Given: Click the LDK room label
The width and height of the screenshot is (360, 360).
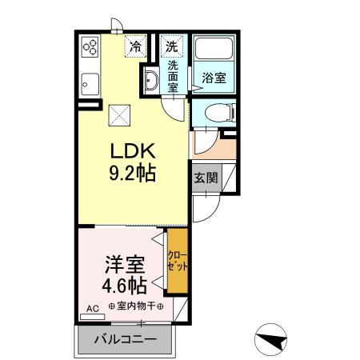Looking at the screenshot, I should pyautogui.click(x=132, y=151).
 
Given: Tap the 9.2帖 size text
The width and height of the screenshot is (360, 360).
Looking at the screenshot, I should pyautogui.click(x=132, y=171).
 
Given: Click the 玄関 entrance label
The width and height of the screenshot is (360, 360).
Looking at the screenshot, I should pyautogui.click(x=205, y=177).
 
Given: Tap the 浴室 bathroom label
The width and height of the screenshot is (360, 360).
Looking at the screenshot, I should pyautogui.click(x=213, y=78).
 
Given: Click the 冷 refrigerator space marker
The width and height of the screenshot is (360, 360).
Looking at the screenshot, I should pyautogui.click(x=137, y=46).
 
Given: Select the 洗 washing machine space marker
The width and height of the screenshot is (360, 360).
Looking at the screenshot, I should pyautogui.click(x=171, y=46).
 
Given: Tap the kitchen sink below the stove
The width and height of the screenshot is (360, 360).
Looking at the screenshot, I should pyautogui.click(x=89, y=81).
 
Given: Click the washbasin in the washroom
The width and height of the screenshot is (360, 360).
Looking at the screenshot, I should pyautogui.click(x=150, y=78).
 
